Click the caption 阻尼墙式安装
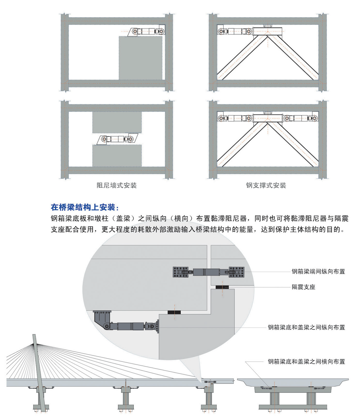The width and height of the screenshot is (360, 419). pos(117,185)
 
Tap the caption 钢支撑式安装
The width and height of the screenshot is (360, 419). pos(266,185)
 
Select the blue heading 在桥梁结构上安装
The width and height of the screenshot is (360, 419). pos(85,207)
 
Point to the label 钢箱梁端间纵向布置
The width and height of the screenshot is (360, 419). pos(318,271)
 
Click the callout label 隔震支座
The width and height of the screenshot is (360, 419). pos(304,287)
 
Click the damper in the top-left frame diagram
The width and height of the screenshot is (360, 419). pos(147,32)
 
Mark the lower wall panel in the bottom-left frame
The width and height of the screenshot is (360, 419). pos(117,156)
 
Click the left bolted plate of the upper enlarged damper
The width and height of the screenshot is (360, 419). pos(180,272)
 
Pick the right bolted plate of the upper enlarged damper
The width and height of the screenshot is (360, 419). pos(236,272)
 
